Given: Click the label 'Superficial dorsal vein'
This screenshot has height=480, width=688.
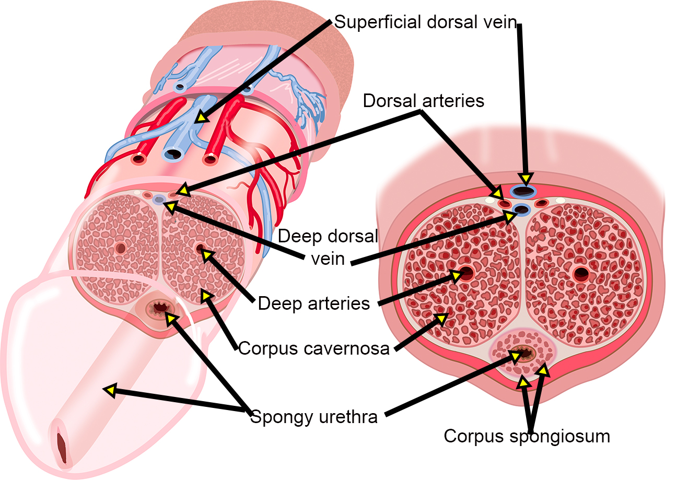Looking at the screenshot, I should (x=425, y=22).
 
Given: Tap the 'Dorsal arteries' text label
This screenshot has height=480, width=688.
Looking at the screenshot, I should (x=423, y=100).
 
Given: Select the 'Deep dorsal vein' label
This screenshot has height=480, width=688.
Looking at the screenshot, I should (x=328, y=247).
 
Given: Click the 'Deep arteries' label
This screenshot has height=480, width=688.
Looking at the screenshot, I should (x=314, y=303).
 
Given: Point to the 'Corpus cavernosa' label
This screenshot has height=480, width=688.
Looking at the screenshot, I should (x=314, y=348).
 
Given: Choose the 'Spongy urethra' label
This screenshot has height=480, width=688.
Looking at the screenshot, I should (x=314, y=417).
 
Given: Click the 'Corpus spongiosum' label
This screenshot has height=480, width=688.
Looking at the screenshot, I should (x=527, y=436).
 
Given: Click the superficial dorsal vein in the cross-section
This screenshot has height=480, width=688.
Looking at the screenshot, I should (x=525, y=192).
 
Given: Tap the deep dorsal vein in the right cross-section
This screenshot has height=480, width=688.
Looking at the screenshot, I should (x=522, y=209).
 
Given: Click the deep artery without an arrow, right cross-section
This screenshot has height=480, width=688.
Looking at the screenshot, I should (x=581, y=273).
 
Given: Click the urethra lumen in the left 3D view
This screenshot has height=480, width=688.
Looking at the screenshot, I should (x=158, y=309).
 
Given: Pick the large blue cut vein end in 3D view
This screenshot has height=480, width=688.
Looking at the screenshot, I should (x=172, y=154).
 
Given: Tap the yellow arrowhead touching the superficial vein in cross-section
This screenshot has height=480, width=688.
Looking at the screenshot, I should (x=525, y=180).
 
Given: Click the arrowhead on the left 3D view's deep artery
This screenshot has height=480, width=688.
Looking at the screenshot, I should (x=207, y=254).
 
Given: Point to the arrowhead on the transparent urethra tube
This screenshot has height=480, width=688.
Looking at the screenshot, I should (x=109, y=390).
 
